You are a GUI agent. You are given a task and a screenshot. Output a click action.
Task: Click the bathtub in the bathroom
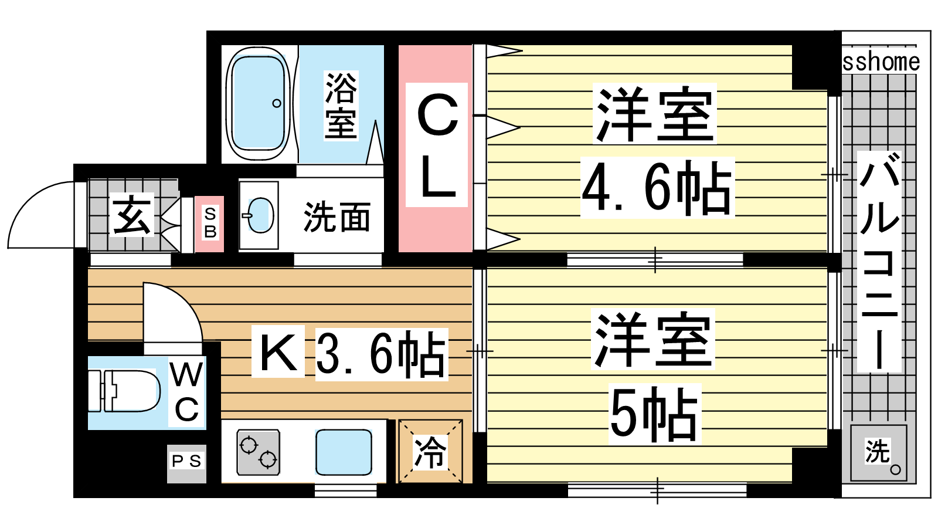pyautogui.click(x=258, y=103)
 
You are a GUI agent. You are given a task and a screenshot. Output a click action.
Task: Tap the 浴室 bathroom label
pyautogui.click(x=341, y=106)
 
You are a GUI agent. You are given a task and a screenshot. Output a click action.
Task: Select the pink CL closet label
pyautogui.click(x=437, y=145)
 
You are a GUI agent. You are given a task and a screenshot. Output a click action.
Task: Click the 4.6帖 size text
pyautogui.click(x=657, y=187)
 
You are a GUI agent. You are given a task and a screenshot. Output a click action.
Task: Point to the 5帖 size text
pyautogui.click(x=654, y=414)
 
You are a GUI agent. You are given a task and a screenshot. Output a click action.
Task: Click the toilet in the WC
pyautogui.click(x=124, y=391)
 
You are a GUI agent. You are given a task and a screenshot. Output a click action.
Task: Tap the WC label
pyautogui.click(x=187, y=392)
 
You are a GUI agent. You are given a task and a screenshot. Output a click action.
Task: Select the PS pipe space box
pyautogui.click(x=187, y=463)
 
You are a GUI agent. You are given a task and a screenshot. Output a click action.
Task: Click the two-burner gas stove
pyautogui.click(x=259, y=452)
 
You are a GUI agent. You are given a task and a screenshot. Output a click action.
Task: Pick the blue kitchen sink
pyautogui.click(x=344, y=452)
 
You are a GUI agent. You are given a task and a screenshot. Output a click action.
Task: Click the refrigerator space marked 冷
pyautogui.click(x=430, y=451)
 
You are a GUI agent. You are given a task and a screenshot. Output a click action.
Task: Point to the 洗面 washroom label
pyautogui.click(x=337, y=217)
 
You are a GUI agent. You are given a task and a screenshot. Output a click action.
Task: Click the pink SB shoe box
pyautogui.click(x=209, y=224)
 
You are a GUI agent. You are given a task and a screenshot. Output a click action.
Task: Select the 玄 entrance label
pyautogui.click(x=131, y=215)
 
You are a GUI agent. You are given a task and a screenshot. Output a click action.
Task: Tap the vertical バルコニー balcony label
pyautogui.click(x=879, y=262)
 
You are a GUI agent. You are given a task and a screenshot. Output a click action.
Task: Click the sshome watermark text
pyautogui.click(x=881, y=62)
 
